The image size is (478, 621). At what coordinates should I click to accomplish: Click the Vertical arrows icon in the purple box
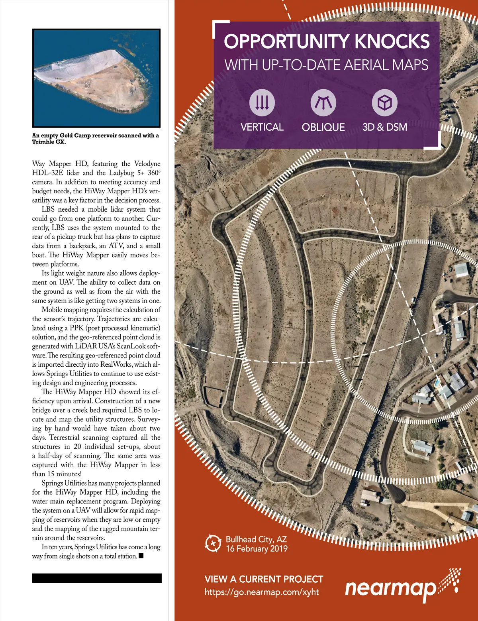pos(262,102)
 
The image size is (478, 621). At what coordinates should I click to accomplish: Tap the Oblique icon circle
pos(323,102)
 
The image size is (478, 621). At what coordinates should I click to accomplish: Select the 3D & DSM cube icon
pos(384,102)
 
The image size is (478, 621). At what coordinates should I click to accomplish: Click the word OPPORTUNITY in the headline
pos(286,41)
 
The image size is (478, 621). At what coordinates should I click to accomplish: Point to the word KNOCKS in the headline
pos(392,41)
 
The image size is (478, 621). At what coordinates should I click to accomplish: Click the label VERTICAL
pos(262,127)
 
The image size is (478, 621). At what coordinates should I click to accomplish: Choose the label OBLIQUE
pos(323,127)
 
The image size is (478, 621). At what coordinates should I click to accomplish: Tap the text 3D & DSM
pos(384,127)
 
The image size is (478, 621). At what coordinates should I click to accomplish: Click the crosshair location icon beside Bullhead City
pos(213,543)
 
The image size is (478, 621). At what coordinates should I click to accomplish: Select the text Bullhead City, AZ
pos(256,539)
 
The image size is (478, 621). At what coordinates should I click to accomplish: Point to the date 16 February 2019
pos(257,548)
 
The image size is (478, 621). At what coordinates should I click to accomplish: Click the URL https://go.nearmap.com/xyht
pos(262,592)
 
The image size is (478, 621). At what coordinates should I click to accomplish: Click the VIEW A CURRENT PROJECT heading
pos(264,579)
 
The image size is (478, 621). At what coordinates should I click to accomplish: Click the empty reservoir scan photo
pos(96,78)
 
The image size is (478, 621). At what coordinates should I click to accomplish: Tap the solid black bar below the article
pos(97,578)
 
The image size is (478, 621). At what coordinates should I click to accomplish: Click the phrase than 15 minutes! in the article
pos(57,474)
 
